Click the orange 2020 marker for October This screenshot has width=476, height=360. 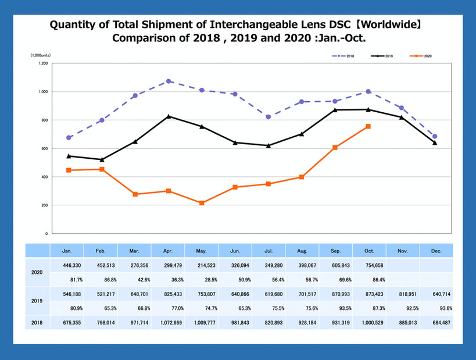(368, 126)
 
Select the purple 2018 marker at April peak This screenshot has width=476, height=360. (169, 81)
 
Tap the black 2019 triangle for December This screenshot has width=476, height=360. (435, 142)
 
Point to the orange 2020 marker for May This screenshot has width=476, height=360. (202, 203)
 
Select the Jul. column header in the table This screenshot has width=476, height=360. (269, 251)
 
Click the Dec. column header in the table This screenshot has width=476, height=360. (437, 251)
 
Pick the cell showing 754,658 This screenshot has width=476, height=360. (370, 265)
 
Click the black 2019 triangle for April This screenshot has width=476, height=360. (169, 116)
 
